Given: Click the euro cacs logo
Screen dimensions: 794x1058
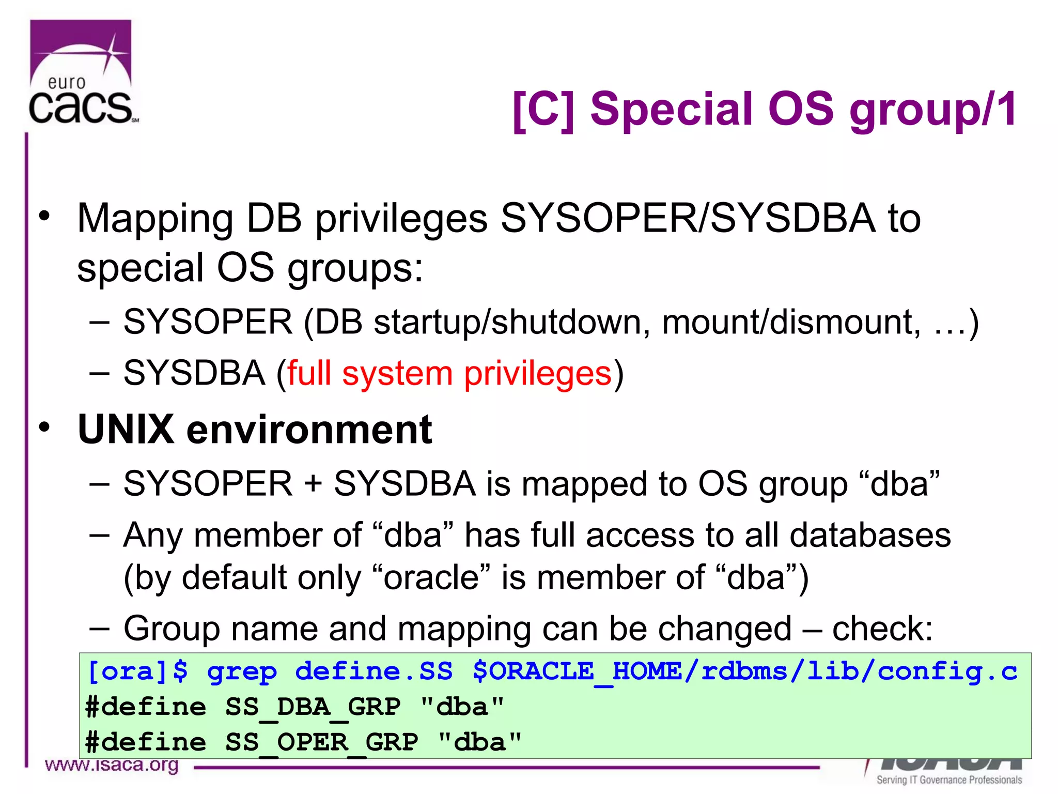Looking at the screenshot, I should pyautogui.click(x=82, y=72).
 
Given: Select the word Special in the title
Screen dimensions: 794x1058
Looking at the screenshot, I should pyautogui.click(x=672, y=110).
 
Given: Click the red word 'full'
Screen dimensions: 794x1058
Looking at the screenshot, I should pyautogui.click(x=309, y=373).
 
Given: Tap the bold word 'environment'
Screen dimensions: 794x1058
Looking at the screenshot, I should pyautogui.click(x=309, y=430).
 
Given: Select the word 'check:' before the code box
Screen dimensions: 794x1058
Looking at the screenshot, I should pyautogui.click(x=882, y=629).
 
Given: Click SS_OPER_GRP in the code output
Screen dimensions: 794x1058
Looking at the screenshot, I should pyautogui.click(x=321, y=742).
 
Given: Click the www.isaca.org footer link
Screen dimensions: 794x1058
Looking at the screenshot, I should pyautogui.click(x=112, y=765).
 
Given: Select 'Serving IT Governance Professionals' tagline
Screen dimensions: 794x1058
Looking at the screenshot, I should pyautogui.click(x=949, y=780).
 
